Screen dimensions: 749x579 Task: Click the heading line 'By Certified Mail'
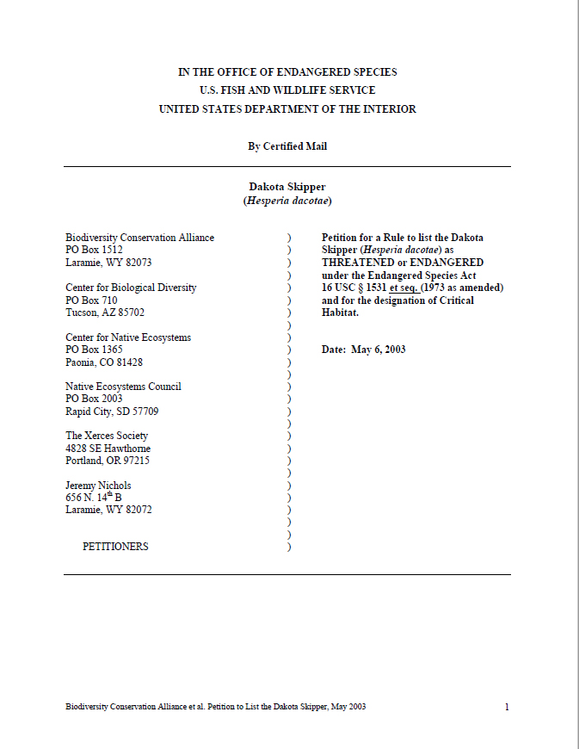[x=287, y=146]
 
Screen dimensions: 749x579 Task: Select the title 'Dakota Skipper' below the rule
[x=287, y=187]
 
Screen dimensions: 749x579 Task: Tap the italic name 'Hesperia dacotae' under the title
[x=287, y=201]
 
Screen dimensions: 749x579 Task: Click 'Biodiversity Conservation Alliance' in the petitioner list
[x=139, y=238]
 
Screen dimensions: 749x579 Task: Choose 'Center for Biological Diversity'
[x=131, y=288]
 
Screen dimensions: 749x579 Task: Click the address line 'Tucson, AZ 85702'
[x=105, y=313]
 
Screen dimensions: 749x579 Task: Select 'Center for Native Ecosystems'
[x=128, y=337]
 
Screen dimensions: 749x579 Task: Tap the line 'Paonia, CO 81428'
[x=104, y=362]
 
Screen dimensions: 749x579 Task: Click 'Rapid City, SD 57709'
[x=112, y=412]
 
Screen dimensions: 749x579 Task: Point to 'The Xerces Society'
[x=107, y=436]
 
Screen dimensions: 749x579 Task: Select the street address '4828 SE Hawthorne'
[x=108, y=449]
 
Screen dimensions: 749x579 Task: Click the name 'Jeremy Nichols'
[x=98, y=486]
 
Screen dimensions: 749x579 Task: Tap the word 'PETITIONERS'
[x=115, y=547]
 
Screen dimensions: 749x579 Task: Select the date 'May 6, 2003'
[x=379, y=350]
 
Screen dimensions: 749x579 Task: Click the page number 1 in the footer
[x=507, y=707]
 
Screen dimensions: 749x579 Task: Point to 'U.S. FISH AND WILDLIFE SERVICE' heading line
[x=287, y=90]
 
